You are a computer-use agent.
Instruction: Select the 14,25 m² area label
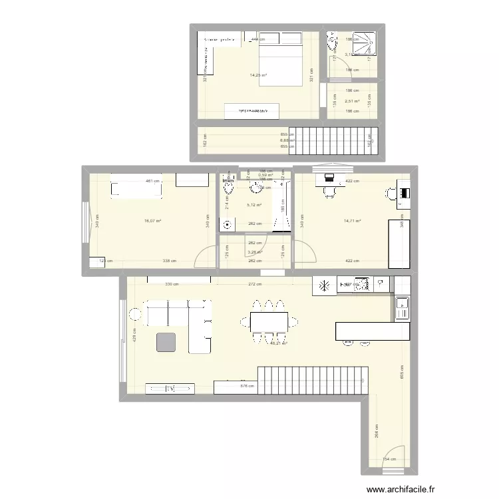pyautogui.click(x=258, y=75)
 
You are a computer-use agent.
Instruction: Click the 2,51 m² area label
pyautogui.click(x=352, y=102)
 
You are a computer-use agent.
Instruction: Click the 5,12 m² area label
pyautogui.click(x=254, y=206)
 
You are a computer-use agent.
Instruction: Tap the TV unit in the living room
pyautogui.click(x=169, y=387)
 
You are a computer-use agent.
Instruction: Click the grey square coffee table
pyautogui.click(x=167, y=342)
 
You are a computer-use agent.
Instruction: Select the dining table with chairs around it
pyautogui.click(x=269, y=321)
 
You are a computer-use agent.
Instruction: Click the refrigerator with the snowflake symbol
pyautogui.click(x=325, y=286)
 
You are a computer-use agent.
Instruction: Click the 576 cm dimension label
pyautogui.click(x=247, y=385)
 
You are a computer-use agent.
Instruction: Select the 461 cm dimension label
pyautogui.click(x=152, y=181)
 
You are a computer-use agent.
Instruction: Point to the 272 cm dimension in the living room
pyautogui.click(x=254, y=284)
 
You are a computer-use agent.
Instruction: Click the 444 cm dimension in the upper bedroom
pyautogui.click(x=254, y=40)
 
